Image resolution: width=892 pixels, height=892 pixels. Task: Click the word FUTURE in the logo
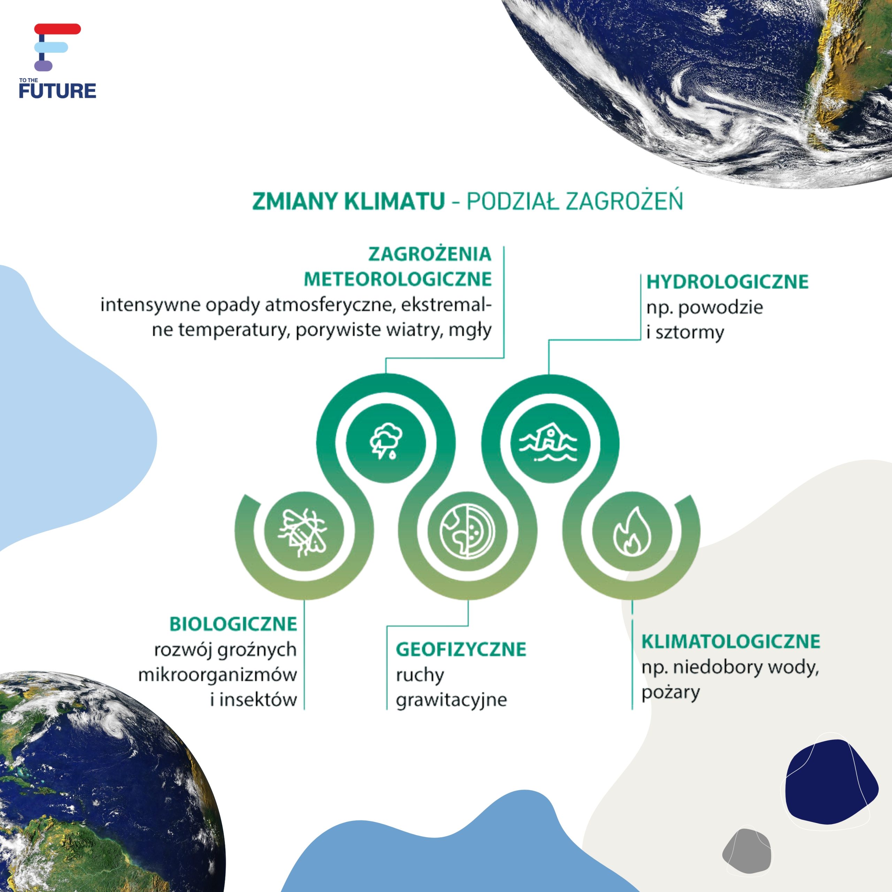pyautogui.click(x=57, y=91)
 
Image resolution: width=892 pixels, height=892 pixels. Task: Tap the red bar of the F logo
pyautogui.click(x=58, y=29)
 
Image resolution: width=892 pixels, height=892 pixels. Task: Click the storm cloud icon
pyautogui.click(x=385, y=442)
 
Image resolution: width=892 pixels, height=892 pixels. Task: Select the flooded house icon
pyautogui.click(x=548, y=443)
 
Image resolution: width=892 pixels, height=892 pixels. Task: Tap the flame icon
pyautogui.click(x=632, y=531)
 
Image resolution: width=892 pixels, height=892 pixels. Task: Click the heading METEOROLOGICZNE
pyautogui.click(x=398, y=279)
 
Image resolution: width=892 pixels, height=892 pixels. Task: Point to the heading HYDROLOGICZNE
pyautogui.click(x=728, y=282)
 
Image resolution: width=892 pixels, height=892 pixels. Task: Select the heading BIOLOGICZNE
pyautogui.click(x=233, y=624)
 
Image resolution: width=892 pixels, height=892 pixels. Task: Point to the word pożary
pyautogui.click(x=670, y=693)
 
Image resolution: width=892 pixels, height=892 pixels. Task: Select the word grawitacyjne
pyautogui.click(x=452, y=700)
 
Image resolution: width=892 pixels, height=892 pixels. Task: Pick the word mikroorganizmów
pyautogui.click(x=217, y=675)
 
